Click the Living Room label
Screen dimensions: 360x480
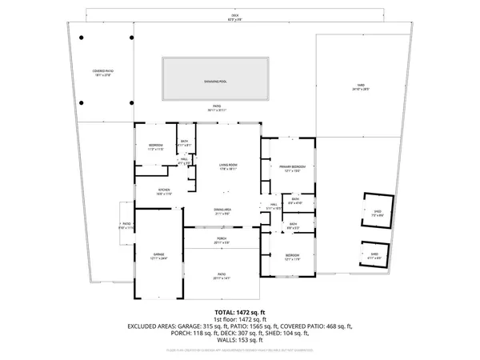[230, 166]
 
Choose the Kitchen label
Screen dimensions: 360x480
[164, 190]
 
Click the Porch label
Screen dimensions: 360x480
[222, 239]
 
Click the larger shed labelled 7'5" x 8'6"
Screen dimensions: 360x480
[378, 213]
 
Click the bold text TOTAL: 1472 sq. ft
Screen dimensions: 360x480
[240, 312]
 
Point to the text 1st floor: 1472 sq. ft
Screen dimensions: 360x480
[240, 319]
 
